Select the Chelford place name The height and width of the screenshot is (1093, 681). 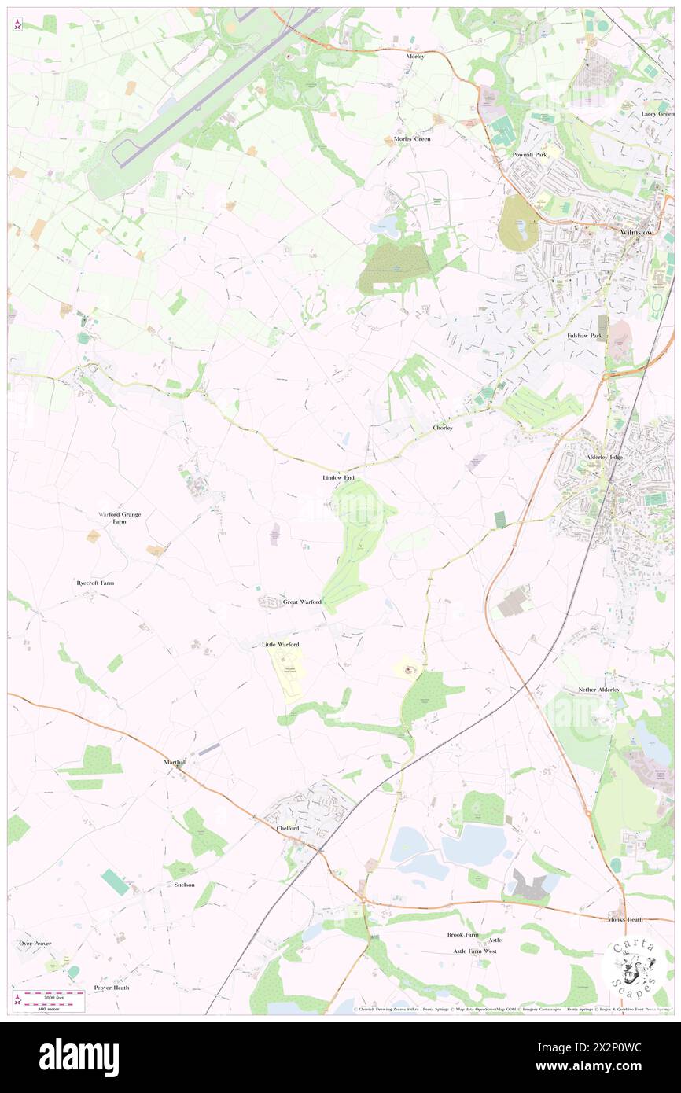pos(288,828)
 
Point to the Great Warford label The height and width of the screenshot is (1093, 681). pos(302,602)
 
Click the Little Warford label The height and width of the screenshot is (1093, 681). pos(280,644)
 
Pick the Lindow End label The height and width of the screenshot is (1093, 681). pos(338,477)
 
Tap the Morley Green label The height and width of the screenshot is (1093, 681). pos(412,139)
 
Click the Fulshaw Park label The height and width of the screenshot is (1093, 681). pos(584,336)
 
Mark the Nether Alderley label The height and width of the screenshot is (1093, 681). pos(599,690)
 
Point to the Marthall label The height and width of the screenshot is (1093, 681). pos(175,763)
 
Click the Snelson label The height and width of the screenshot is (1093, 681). pos(183,885)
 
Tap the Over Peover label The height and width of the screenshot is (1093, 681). pos(35,943)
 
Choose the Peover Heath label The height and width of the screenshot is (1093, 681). pos(111,988)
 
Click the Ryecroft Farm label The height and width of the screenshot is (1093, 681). pos(95,583)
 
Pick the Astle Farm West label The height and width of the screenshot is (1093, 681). pos(474,951)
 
